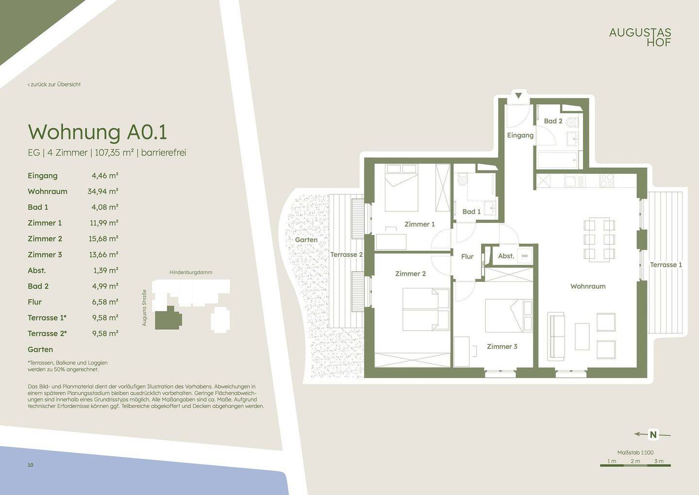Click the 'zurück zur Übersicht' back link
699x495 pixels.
(x=54, y=85)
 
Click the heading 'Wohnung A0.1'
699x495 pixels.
(x=98, y=132)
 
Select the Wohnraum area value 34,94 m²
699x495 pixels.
(x=103, y=191)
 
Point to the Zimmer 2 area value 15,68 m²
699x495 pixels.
(x=103, y=239)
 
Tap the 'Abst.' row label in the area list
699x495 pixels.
(x=37, y=270)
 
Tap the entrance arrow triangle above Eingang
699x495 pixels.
(x=518, y=96)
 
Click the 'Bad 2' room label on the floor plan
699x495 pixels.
(x=553, y=121)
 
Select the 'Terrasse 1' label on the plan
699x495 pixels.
(x=666, y=265)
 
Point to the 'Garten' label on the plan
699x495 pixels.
(x=306, y=240)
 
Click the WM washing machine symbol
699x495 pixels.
(x=525, y=256)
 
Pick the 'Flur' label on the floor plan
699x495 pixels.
(x=467, y=256)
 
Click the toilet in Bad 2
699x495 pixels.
(x=572, y=122)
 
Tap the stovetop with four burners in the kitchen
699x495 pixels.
(x=607, y=181)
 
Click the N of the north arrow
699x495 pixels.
(x=653, y=435)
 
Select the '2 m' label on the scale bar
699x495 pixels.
(x=635, y=461)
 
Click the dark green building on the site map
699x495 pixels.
(x=168, y=318)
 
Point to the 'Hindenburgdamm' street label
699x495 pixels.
(x=191, y=273)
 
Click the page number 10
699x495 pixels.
(x=31, y=465)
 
